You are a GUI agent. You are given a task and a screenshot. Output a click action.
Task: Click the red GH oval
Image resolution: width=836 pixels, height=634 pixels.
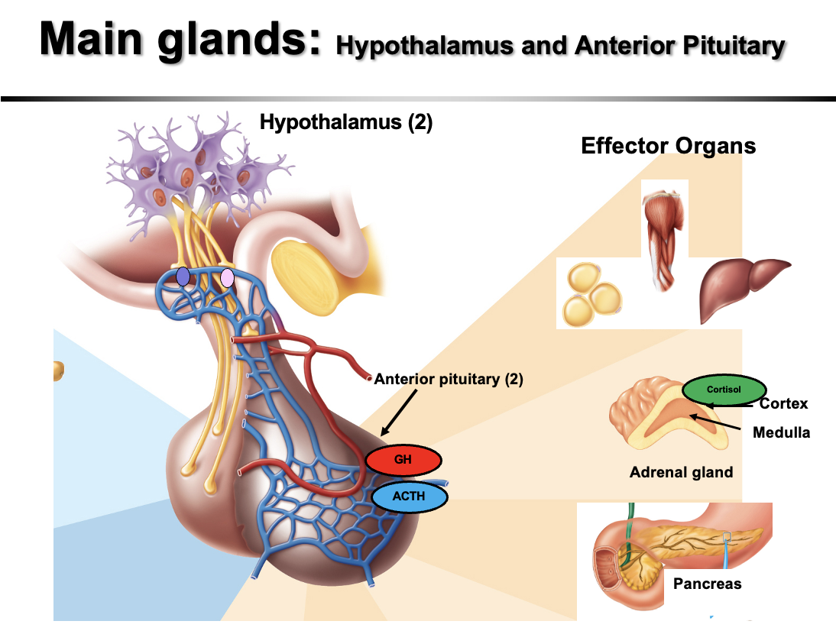[x=403, y=461]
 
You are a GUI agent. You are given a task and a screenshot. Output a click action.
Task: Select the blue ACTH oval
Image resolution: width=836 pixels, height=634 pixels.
[x=409, y=497]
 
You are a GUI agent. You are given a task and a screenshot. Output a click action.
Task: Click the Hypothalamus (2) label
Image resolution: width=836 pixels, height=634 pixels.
[x=346, y=122]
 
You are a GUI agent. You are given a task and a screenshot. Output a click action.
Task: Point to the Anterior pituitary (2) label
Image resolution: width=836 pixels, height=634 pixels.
[x=449, y=380]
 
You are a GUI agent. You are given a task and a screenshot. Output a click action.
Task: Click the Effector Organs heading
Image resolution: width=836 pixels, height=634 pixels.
[x=668, y=146]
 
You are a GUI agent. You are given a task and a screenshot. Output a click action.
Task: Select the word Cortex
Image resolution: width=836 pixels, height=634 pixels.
[x=783, y=404]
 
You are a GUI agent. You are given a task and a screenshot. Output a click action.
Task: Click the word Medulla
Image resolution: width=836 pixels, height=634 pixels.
[x=781, y=432]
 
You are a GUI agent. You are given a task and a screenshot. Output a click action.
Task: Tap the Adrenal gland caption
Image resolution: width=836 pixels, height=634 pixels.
[x=681, y=472]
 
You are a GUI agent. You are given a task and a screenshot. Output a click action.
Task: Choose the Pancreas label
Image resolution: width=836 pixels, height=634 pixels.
[x=707, y=584]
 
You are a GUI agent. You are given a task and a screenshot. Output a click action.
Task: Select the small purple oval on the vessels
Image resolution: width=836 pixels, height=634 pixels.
[x=183, y=277]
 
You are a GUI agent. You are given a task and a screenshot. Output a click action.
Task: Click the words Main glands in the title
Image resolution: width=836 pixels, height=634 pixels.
[x=180, y=40]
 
